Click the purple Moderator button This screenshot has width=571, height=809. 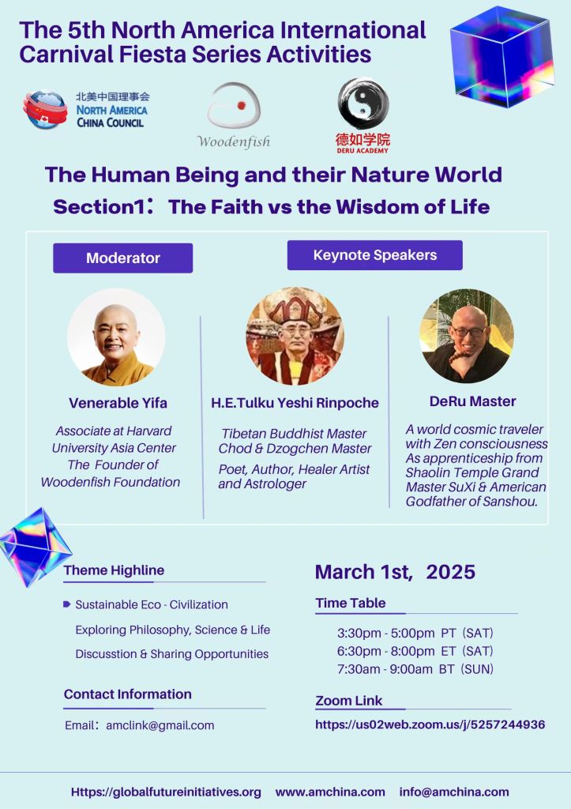coord(122,258)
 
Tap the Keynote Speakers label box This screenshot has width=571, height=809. coord(374,255)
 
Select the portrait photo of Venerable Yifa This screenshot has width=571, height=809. coord(116,337)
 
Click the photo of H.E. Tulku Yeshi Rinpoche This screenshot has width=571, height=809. coord(295,336)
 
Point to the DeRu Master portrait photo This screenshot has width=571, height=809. coord(466,336)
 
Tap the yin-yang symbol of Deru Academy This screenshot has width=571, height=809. coord(363,103)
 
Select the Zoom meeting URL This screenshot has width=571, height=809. coord(430,724)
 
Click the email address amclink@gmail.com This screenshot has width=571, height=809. coord(160,725)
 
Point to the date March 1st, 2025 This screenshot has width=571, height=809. coord(395,572)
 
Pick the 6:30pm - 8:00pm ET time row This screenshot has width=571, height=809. coord(415,651)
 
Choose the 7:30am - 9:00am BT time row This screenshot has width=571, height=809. coord(415,669)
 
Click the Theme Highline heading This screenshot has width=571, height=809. coord(114,570)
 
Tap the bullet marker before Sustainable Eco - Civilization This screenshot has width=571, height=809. coord(67,604)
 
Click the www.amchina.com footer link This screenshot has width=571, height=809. coord(330,792)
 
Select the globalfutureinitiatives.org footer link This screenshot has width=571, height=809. coord(166,792)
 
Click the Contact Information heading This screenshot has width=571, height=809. coord(127,694)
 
